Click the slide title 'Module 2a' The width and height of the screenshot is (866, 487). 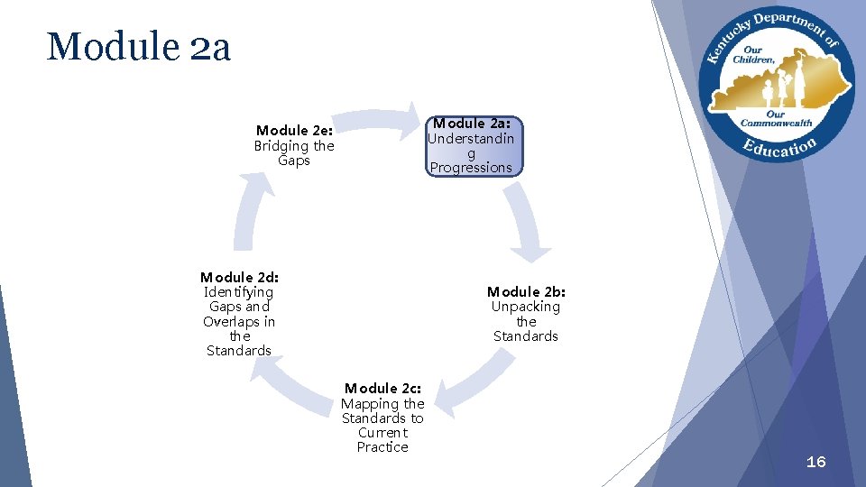(x=138, y=47)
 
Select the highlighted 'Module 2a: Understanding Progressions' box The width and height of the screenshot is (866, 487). (x=471, y=145)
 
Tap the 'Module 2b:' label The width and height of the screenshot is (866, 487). (x=526, y=291)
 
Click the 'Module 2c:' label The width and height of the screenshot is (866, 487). (x=382, y=389)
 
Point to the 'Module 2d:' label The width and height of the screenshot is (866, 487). (x=239, y=277)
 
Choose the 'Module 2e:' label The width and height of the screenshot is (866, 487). (x=294, y=131)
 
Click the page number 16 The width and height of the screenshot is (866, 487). (x=815, y=462)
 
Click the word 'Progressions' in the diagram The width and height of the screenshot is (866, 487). (x=471, y=168)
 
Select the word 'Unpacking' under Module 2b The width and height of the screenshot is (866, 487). (x=526, y=307)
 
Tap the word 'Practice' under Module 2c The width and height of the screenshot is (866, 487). (x=382, y=447)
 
